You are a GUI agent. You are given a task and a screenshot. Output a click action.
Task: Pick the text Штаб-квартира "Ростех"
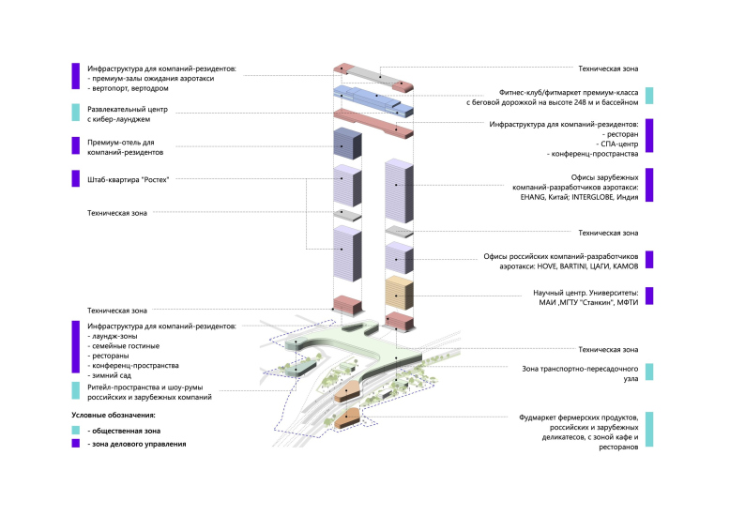[128, 178]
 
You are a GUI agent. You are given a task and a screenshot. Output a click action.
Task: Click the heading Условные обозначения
[114, 415]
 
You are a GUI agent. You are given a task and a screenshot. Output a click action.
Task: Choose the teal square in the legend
[75, 430]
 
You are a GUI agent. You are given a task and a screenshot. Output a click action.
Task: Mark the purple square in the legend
[75, 444]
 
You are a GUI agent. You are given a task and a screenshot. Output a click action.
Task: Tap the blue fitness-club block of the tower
[373, 96]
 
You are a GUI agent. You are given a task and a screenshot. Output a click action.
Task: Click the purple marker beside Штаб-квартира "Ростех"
[75, 178]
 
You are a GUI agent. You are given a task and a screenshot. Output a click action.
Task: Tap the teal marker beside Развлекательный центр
[75, 113]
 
